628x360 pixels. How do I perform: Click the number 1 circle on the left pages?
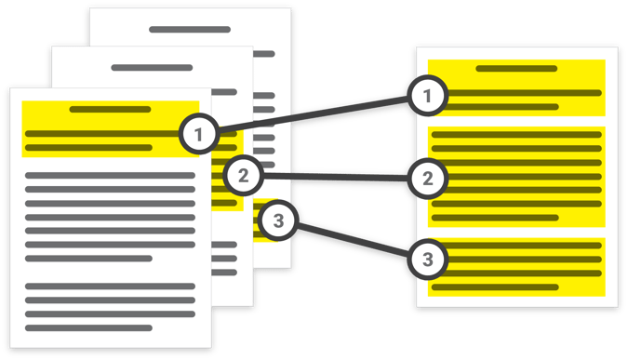(x=197, y=136)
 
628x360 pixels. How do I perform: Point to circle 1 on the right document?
(x=426, y=94)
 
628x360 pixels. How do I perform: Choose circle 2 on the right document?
(x=426, y=177)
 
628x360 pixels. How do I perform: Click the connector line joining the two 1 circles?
(x=312, y=114)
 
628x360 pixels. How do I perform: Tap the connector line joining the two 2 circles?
(x=335, y=175)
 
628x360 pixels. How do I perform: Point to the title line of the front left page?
(x=110, y=109)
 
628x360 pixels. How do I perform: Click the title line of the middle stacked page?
(x=151, y=68)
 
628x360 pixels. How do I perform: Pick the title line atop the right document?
(x=515, y=68)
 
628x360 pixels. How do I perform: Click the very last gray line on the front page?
(x=88, y=327)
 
